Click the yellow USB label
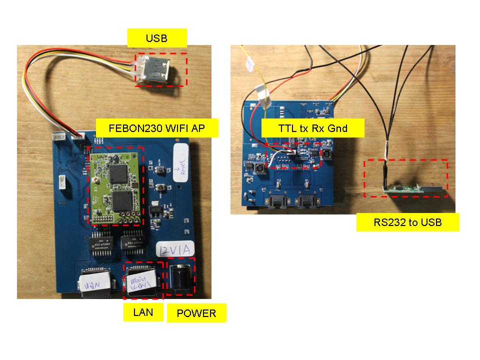(156, 38)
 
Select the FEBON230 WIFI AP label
(156, 128)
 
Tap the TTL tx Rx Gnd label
(312, 128)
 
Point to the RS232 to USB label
(407, 222)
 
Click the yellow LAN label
(143, 313)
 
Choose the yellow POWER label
(196, 313)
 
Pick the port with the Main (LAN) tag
(143, 282)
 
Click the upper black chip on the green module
(120, 172)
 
